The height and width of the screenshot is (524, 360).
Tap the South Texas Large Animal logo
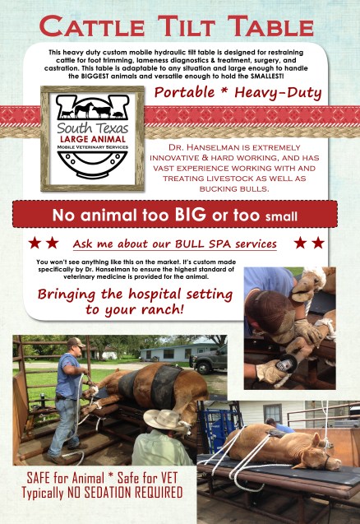click(92, 138)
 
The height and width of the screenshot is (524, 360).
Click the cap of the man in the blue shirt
click(76, 341)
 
